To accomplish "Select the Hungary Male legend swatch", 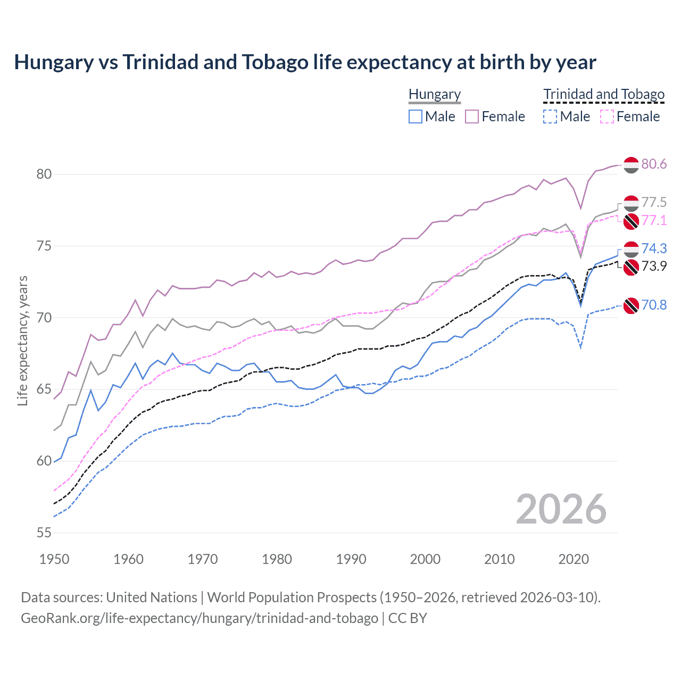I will click(x=416, y=117).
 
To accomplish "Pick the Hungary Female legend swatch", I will click(x=472, y=117).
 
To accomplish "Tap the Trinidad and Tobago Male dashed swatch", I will click(x=550, y=117).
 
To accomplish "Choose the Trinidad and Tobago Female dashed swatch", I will click(x=607, y=117).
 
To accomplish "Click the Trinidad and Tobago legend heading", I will click(x=604, y=94).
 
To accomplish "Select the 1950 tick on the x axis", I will click(x=54, y=559).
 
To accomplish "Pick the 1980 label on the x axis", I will click(x=277, y=559).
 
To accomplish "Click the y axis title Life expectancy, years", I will click(x=22, y=340).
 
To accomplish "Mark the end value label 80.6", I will click(x=654, y=164).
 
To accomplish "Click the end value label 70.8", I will click(x=654, y=305).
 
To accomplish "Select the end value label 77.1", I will click(x=654, y=220).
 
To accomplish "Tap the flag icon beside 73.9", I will click(x=631, y=267).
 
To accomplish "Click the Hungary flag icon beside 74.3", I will click(x=631, y=249).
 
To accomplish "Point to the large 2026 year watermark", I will click(x=561, y=509).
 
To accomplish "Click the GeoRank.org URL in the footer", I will click(x=200, y=618).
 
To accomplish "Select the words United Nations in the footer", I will click(x=152, y=597).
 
